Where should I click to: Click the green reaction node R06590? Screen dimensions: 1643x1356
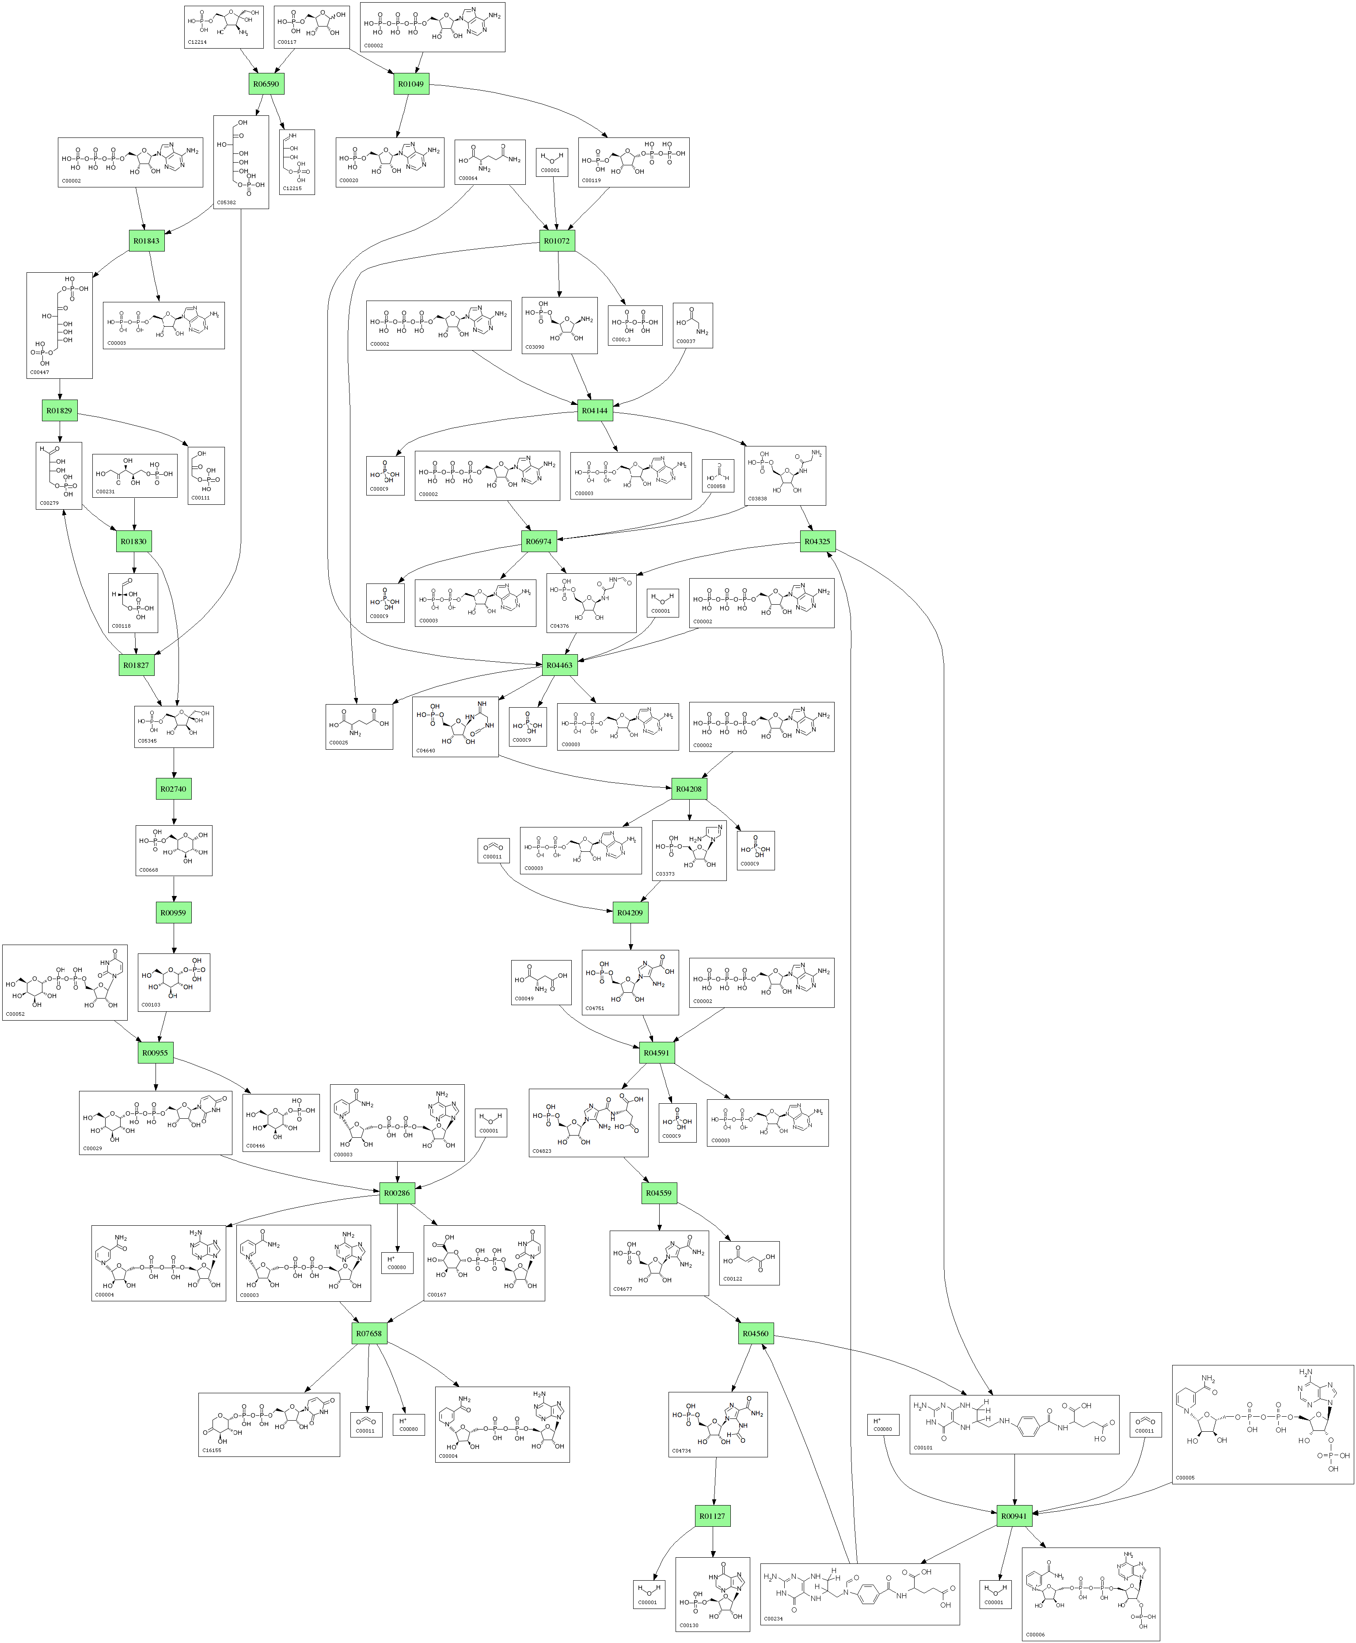point(266,84)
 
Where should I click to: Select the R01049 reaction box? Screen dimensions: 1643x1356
point(411,84)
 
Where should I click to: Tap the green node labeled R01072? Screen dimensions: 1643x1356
point(556,240)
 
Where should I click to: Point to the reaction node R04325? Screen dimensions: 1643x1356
point(818,541)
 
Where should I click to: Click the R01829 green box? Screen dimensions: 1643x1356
point(59,410)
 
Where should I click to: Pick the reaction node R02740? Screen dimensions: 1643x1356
point(173,789)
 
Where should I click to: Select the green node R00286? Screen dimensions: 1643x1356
point(397,1193)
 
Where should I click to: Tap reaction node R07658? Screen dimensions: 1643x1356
point(368,1333)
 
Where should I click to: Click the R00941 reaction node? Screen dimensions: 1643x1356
point(1014,1516)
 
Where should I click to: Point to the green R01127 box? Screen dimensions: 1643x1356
point(712,1516)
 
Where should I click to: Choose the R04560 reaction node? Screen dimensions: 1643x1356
point(756,1333)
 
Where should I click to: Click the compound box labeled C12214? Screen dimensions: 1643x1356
point(224,27)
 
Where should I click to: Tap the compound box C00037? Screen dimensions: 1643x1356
point(693,325)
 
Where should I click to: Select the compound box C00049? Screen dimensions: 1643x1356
point(540,982)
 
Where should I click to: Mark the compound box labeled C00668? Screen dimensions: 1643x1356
point(173,850)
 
